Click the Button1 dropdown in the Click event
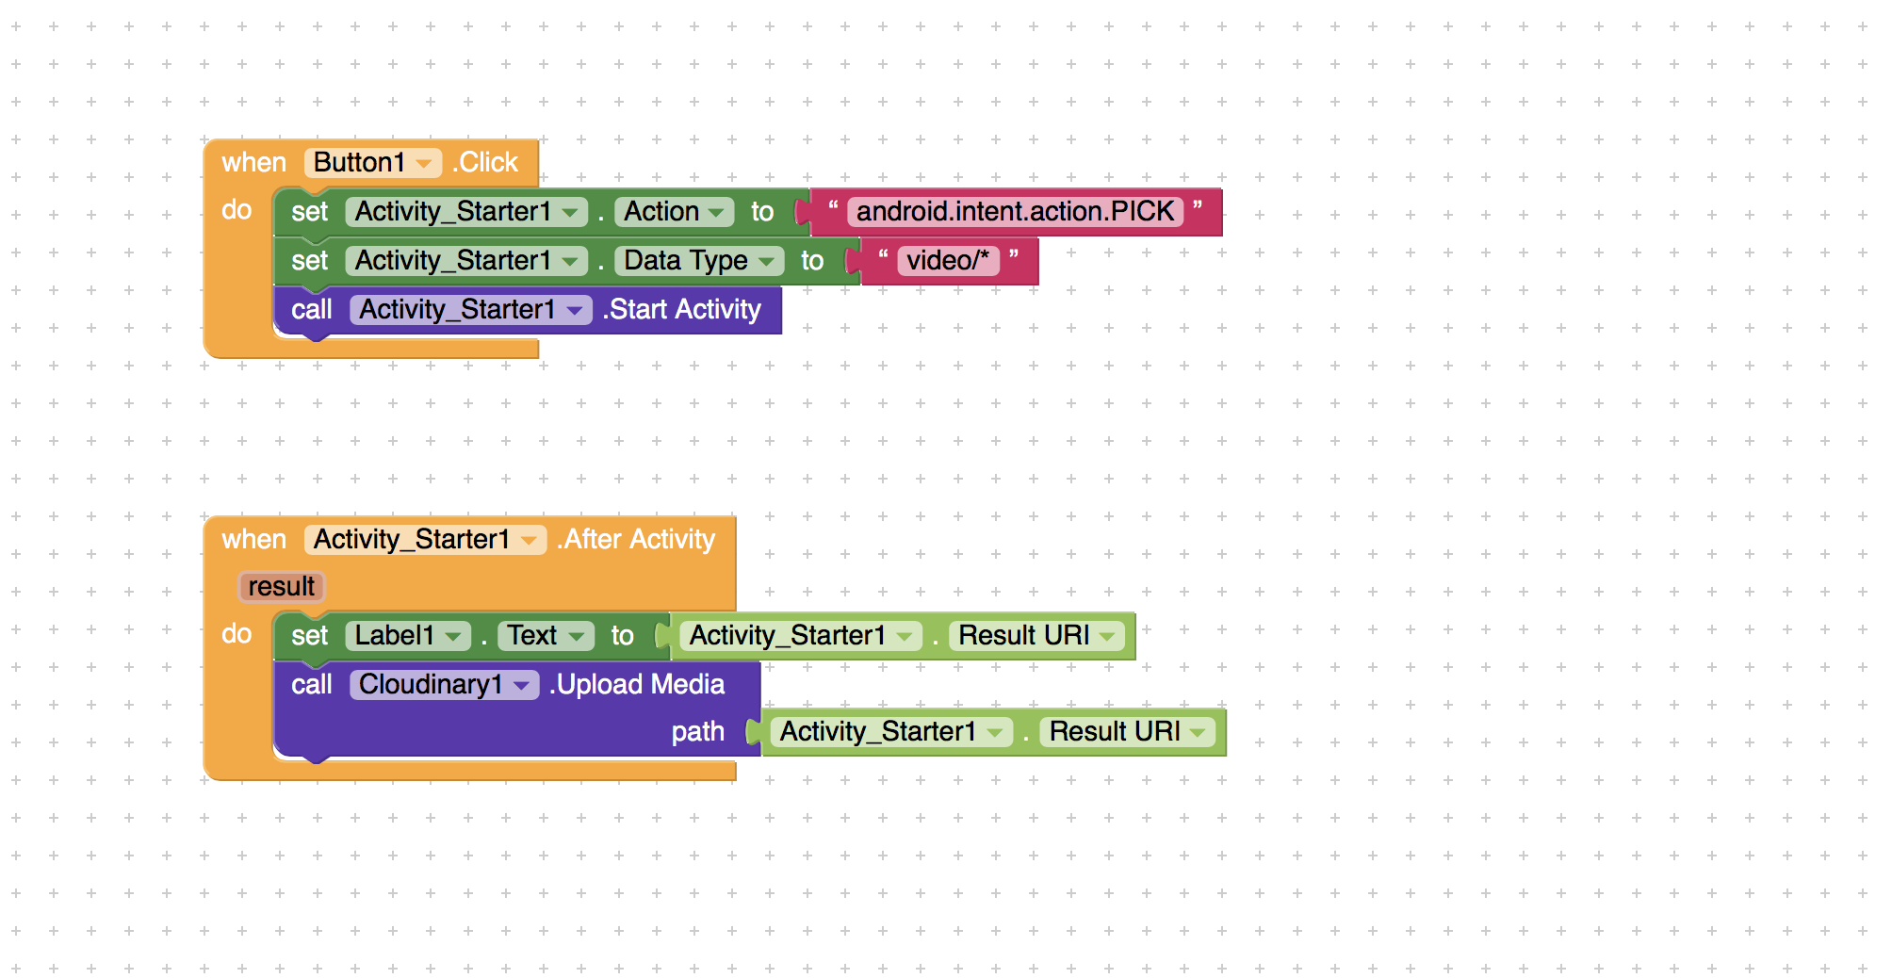[373, 162]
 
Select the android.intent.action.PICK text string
[1016, 211]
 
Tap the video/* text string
[948, 260]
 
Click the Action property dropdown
[674, 211]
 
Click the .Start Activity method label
[681, 309]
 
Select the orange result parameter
[281, 586]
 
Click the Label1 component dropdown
[408, 635]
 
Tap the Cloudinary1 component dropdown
[444, 684]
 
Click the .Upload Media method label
[637, 684]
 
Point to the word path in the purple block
[698, 731]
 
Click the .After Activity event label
[636, 539]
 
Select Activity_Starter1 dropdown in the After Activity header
[425, 539]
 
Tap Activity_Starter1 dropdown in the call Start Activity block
[470, 309]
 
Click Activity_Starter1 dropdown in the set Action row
[466, 211]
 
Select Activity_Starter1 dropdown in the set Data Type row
[466, 260]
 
